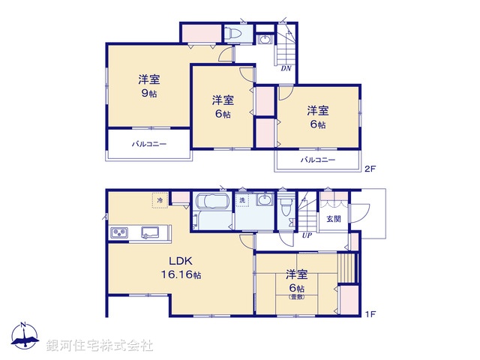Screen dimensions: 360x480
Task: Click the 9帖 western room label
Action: pos(148,86)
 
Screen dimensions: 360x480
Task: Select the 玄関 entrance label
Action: pos(333,219)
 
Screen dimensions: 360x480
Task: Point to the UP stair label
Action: pos(306,236)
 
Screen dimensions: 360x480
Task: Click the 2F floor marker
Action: pos(369,169)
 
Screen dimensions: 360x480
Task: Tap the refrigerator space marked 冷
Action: pos(160,201)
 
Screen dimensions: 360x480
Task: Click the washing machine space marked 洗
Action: pos(242,201)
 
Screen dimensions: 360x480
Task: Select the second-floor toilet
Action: pos(234,34)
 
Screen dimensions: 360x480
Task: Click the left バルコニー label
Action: pos(150,144)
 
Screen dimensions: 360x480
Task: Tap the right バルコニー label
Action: pos(318,160)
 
